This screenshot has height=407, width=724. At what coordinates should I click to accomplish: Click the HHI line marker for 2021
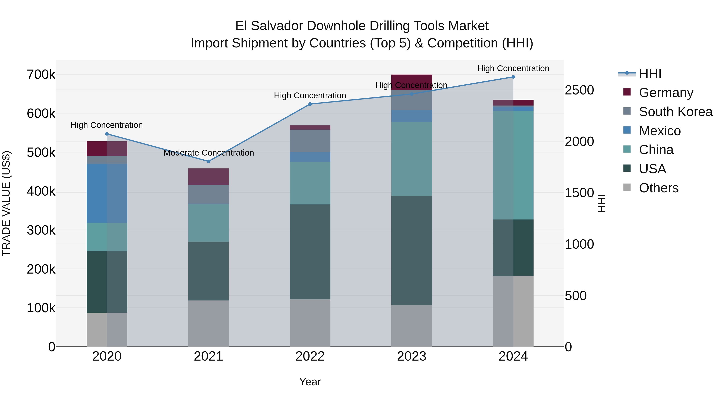point(208,161)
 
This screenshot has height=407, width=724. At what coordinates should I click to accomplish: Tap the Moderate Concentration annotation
point(209,153)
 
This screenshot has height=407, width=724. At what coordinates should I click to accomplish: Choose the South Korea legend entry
point(675,112)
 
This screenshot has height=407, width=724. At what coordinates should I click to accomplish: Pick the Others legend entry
point(658,188)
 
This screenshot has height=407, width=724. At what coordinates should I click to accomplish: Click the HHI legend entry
point(650,74)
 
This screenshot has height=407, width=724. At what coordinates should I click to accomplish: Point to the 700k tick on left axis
point(41,75)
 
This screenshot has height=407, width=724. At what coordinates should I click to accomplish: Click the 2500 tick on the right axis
point(579,90)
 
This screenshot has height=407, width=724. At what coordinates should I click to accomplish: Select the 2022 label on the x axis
point(310,356)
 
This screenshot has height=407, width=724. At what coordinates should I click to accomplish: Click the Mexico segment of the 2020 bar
point(107,193)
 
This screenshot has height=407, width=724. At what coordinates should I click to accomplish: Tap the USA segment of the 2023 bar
point(411,250)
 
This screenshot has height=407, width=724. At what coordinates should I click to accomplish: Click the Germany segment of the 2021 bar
point(208,176)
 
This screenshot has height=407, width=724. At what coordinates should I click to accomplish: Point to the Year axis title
point(310,382)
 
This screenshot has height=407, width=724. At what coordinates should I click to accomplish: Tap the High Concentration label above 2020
point(107,125)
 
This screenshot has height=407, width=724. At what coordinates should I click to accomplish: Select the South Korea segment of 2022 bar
point(310,140)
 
